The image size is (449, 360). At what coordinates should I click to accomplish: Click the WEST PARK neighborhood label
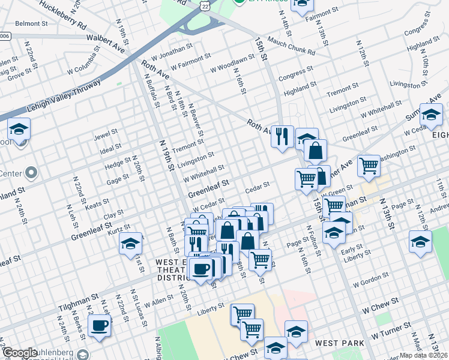click(340, 343)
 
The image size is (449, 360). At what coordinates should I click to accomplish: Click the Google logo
click(20, 353)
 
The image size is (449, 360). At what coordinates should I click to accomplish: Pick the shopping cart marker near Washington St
click(368, 165)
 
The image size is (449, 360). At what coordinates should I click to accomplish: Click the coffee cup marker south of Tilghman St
click(100, 326)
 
